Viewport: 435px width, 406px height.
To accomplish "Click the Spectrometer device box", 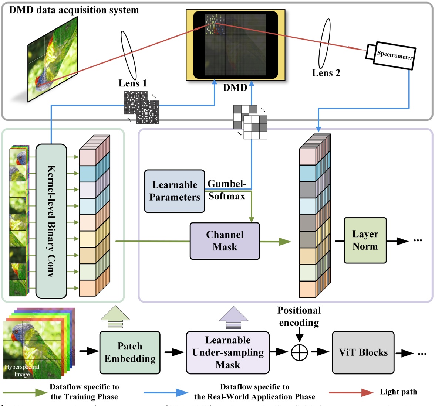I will coord(394,56).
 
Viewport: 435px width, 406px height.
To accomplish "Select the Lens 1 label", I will coord(132,83).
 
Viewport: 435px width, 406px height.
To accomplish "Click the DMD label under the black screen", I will coord(235,88).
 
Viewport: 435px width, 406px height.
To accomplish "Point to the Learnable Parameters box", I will coord(174,191).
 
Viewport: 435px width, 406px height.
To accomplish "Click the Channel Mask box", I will coord(225,241).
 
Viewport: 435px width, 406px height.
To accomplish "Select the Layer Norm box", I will coord(365,240).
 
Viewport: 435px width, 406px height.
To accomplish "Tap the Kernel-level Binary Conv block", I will coord(51,221).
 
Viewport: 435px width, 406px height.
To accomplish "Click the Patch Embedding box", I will coord(130,352).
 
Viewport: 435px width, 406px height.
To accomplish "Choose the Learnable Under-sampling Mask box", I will coord(227,352).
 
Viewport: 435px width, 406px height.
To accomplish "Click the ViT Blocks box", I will coord(363,352).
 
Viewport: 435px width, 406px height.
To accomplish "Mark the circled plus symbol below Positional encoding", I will coord(299,353).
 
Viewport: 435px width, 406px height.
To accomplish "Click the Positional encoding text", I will coord(299,316).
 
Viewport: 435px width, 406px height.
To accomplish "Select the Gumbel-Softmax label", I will coord(226,190).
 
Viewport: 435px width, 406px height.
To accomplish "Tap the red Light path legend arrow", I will coord(351,392).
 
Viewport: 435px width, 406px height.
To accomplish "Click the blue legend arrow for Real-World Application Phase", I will coord(166,392).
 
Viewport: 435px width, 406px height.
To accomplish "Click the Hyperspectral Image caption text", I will coord(22,371).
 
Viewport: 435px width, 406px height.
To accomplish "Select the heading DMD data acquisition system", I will coord(74,10).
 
